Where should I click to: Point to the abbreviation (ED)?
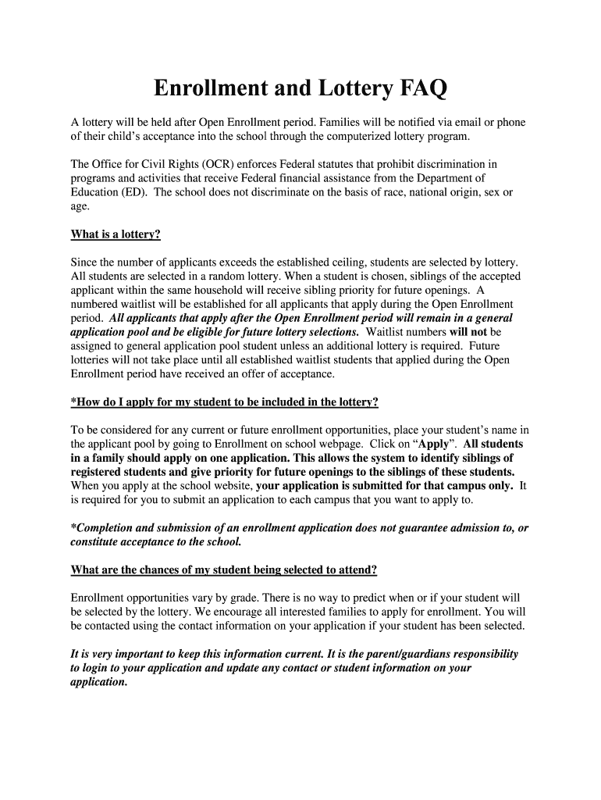click(135, 192)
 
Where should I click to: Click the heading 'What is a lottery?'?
click(116, 234)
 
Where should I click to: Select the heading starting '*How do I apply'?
click(225, 402)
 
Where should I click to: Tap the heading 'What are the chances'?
click(224, 570)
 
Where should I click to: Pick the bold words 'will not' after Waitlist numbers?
click(468, 332)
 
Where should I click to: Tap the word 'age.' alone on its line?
click(80, 206)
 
